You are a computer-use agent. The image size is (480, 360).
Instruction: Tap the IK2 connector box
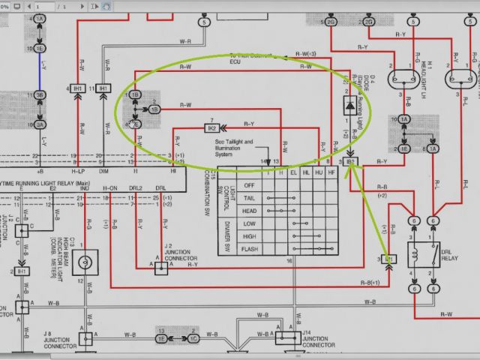[x=212, y=129]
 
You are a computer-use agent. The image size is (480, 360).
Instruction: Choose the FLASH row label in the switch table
[x=250, y=247]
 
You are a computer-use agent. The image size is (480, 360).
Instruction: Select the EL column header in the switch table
[x=294, y=173]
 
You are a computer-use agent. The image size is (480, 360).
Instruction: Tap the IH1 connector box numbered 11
[x=103, y=88]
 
